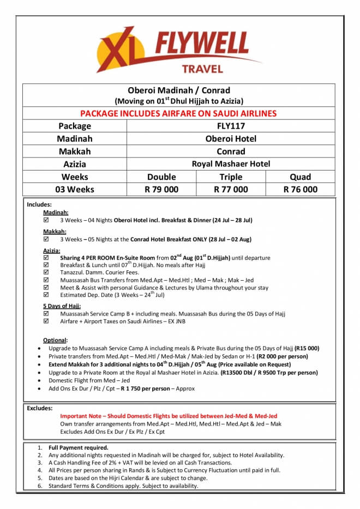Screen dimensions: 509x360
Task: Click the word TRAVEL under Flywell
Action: [202, 69]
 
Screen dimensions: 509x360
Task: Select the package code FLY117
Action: [231, 126]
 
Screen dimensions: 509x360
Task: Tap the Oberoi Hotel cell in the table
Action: [231, 138]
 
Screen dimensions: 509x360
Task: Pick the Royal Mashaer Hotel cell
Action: [231, 163]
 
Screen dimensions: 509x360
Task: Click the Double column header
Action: [161, 177]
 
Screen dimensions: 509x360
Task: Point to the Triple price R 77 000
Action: [231, 189]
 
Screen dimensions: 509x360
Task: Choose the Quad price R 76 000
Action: [300, 189]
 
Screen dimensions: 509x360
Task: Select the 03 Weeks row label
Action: [74, 189]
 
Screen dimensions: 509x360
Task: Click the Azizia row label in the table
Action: [74, 163]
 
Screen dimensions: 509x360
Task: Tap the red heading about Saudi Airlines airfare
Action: [178, 113]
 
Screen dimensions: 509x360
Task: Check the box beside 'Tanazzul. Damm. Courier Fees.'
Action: [46, 272]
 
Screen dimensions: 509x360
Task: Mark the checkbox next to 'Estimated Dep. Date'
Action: [46, 295]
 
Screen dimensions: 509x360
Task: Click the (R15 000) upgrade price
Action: [307, 348]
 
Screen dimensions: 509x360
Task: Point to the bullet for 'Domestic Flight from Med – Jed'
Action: [37, 380]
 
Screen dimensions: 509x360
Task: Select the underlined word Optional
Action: [55, 340]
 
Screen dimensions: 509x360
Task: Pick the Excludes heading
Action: [40, 408]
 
